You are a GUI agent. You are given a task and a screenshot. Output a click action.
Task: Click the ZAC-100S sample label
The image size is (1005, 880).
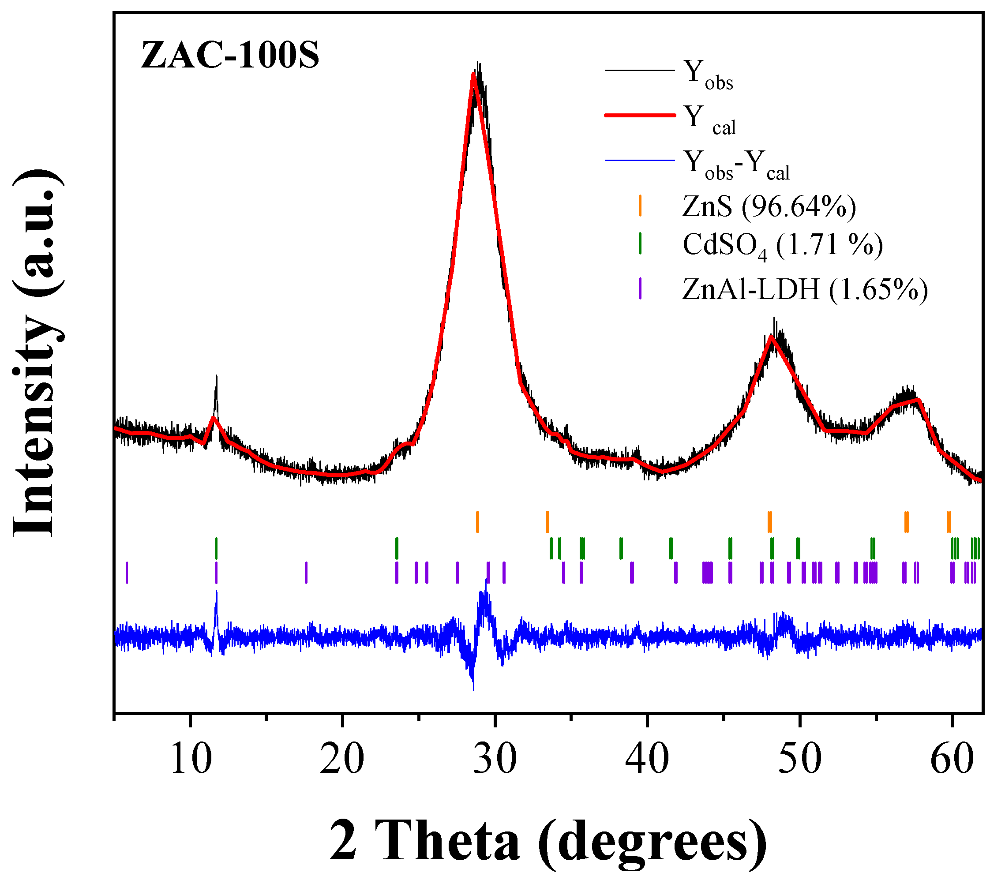tap(229, 55)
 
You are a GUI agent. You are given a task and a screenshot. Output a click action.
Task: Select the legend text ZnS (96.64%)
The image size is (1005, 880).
tap(769, 206)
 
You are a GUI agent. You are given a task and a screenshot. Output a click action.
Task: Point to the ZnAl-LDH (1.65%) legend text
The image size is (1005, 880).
tap(805, 289)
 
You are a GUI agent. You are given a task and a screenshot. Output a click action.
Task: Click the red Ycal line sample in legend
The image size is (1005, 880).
tap(640, 116)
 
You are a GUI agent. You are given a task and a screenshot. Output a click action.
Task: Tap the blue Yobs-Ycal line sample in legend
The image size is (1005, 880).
tap(640, 160)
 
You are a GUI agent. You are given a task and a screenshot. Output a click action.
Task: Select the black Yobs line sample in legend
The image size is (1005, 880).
tap(640, 71)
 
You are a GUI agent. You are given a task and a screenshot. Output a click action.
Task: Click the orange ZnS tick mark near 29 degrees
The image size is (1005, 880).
tap(477, 521)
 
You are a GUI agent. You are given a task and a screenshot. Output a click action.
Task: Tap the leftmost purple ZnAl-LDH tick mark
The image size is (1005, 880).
tap(127, 573)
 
